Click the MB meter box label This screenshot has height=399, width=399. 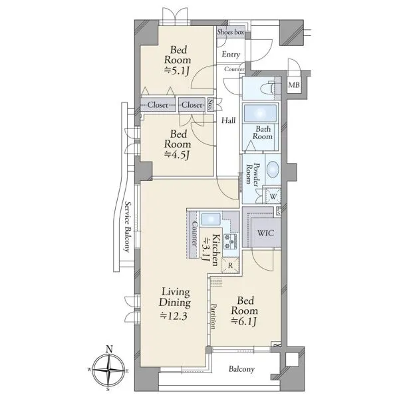click(x=294, y=84)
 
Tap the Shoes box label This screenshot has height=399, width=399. click(x=231, y=32)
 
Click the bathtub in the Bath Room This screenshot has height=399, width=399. click(x=260, y=113)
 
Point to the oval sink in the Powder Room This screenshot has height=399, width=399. click(x=273, y=170)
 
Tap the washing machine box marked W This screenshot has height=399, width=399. click(x=273, y=196)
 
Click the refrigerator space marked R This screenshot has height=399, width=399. click(x=231, y=265)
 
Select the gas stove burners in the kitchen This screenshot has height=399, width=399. click(x=230, y=242)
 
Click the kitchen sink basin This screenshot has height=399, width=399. click(x=211, y=219)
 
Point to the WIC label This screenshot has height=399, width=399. click(x=265, y=233)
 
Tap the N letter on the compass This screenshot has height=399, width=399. click(x=109, y=349)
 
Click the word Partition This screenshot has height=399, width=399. click(x=213, y=317)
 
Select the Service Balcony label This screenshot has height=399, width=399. click(x=128, y=227)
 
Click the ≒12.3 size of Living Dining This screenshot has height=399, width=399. click(x=174, y=316)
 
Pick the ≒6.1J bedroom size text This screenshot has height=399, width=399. click(x=243, y=322)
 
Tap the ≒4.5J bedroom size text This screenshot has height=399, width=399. click(x=177, y=154)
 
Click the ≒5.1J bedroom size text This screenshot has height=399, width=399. click(x=177, y=70)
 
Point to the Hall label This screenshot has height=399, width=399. click(x=228, y=120)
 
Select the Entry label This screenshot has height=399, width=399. click(x=231, y=55)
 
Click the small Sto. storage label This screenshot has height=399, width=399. click(x=210, y=104)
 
